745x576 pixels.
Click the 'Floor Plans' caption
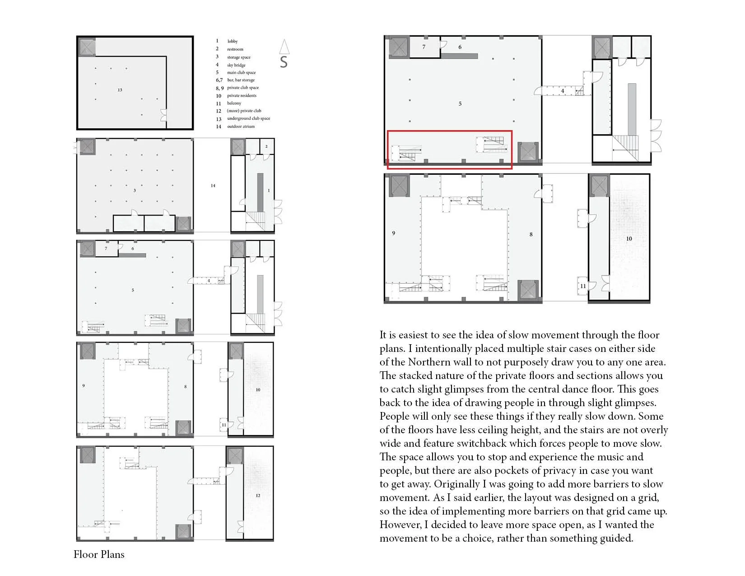click(x=99, y=554)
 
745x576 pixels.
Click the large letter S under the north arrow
click(x=284, y=62)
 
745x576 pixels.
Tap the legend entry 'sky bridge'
click(x=236, y=65)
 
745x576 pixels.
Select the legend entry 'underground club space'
click(x=248, y=118)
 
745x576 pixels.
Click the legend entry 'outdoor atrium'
click(x=241, y=126)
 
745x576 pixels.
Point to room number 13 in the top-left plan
click(x=120, y=90)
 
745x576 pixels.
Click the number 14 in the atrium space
click(x=213, y=186)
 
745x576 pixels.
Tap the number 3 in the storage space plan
click(x=135, y=191)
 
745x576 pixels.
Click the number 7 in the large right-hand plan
click(x=424, y=47)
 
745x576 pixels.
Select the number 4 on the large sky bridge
click(x=562, y=91)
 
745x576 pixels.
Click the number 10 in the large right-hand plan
click(x=629, y=239)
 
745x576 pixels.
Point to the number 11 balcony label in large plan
click(x=583, y=286)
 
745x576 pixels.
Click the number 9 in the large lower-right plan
click(x=393, y=233)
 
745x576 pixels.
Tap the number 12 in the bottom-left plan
click(x=258, y=496)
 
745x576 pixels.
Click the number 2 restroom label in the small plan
click(x=266, y=146)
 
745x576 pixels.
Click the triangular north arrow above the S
click(x=284, y=47)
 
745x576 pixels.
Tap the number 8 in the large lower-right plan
click(x=531, y=234)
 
